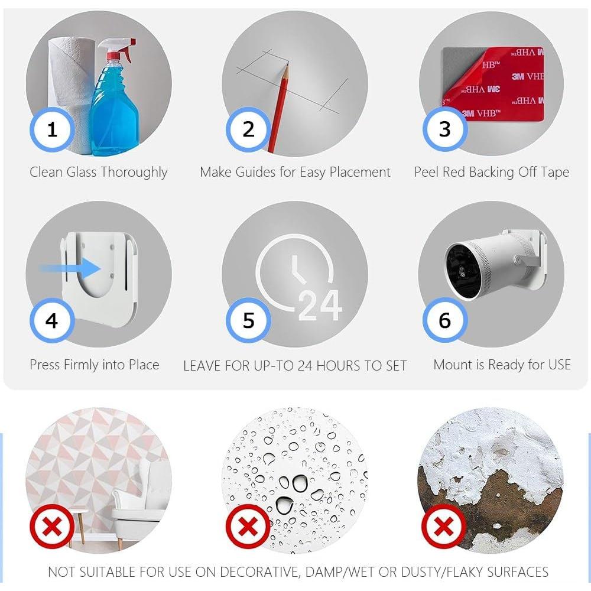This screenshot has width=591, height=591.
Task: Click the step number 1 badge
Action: click(52, 129)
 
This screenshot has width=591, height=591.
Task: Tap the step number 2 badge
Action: click(248, 129)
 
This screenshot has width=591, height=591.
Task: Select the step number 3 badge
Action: click(445, 129)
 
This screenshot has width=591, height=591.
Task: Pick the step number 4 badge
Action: click(52, 320)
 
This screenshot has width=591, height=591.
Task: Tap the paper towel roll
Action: click(70, 94)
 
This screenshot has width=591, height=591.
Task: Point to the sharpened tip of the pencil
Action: click(287, 64)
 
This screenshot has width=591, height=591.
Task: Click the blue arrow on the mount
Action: click(70, 268)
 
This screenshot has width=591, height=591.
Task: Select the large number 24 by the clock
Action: click(320, 306)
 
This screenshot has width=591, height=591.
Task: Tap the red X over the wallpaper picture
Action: click(52, 527)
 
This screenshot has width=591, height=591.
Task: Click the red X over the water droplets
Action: click(248, 527)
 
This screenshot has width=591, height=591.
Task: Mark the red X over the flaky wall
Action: click(444, 527)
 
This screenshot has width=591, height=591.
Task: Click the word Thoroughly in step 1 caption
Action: click(134, 173)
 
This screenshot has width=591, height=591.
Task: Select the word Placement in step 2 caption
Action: click(360, 172)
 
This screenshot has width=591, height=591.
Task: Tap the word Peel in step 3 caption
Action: click(426, 172)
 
